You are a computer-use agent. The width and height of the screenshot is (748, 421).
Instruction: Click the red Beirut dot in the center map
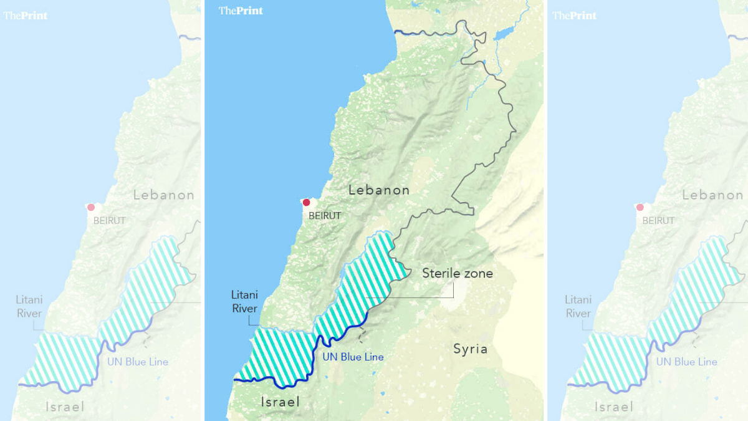pos(306,202)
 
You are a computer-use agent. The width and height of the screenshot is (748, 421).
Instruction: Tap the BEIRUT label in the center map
pos(325,216)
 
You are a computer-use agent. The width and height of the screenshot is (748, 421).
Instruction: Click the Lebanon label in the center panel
pos(379,190)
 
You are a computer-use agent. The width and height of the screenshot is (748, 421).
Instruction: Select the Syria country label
pos(470,349)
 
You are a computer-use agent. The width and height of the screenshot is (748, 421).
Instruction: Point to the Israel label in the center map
pos(280,402)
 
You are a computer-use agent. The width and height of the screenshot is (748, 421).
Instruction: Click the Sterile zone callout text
pos(458,273)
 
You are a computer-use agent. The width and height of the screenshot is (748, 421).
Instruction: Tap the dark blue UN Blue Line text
pos(353,357)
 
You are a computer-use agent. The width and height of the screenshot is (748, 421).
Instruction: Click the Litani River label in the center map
pos(244,301)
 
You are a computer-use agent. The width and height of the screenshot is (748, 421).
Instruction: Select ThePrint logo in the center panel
pos(241,11)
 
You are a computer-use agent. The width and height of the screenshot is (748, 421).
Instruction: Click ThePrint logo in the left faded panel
pos(26,15)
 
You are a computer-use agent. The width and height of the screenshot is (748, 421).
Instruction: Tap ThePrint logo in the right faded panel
pos(575,15)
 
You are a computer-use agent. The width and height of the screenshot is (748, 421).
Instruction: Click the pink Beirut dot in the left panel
pos(91,207)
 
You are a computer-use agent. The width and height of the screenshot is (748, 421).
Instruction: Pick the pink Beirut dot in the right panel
pos(640,207)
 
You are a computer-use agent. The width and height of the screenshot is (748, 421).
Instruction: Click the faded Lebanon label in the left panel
pos(164,195)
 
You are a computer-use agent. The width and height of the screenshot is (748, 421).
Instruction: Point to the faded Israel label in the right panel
pos(614,407)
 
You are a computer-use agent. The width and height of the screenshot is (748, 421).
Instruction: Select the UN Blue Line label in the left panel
pos(138,362)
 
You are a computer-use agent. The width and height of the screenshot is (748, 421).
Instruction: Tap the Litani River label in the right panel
pos(578,306)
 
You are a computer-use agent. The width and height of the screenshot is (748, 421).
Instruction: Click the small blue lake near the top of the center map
pos(503,33)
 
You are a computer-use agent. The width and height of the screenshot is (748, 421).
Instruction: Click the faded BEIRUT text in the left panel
pos(109,221)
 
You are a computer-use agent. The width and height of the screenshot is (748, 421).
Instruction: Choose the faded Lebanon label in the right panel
pos(712,195)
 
